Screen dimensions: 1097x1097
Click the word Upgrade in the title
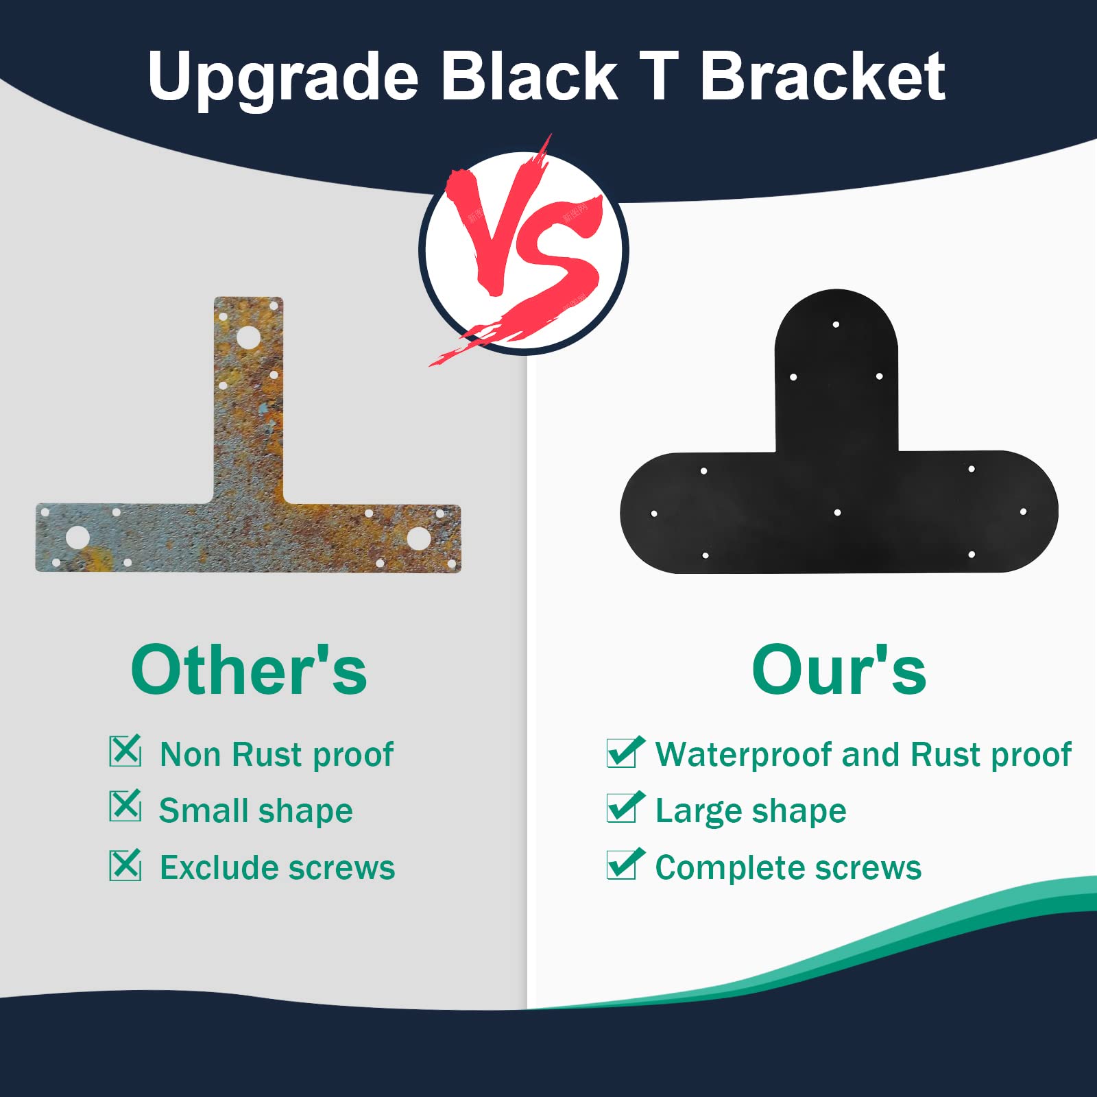(282, 77)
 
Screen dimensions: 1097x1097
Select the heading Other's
(249, 670)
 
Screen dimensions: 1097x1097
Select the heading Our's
(839, 670)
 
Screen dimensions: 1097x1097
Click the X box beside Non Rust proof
(125, 751)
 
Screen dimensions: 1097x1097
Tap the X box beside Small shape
(125, 806)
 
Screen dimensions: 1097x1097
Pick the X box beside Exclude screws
(125, 865)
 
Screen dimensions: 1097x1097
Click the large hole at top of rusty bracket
(248, 338)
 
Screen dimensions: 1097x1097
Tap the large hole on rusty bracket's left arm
(77, 538)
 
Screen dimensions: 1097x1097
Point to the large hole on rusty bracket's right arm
(418, 538)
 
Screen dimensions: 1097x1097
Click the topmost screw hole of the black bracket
(836, 324)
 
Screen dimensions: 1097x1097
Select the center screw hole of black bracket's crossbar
(837, 512)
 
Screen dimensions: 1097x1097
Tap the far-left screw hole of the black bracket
(654, 514)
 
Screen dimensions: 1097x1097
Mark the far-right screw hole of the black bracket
(1023, 511)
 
